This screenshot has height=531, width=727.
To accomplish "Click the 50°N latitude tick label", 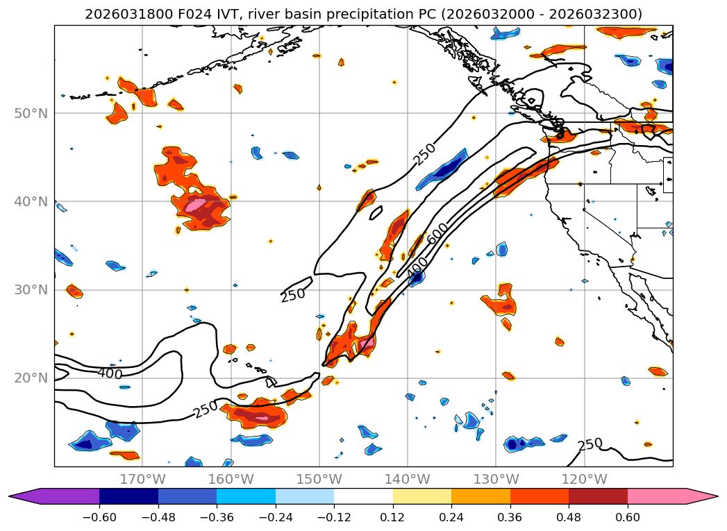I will [x=31, y=113].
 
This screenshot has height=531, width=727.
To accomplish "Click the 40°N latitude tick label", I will [x=31, y=202].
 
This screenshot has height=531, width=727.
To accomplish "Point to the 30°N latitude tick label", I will [x=31, y=290].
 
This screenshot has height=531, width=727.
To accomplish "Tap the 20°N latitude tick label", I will [x=31, y=378].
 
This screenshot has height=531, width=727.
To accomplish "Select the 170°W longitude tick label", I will [x=142, y=479].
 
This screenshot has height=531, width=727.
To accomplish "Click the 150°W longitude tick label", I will [x=319, y=479].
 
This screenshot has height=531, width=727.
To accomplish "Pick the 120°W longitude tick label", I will [x=584, y=479].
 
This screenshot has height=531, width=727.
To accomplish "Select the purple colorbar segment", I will [x=62, y=496].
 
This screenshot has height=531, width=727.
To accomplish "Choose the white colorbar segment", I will [x=363, y=496].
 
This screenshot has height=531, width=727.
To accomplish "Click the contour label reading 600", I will [x=438, y=234].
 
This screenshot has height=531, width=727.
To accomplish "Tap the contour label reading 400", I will [x=110, y=374].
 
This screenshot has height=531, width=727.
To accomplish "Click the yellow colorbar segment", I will [x=422, y=496].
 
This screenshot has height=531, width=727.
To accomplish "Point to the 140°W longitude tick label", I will [x=408, y=479].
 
